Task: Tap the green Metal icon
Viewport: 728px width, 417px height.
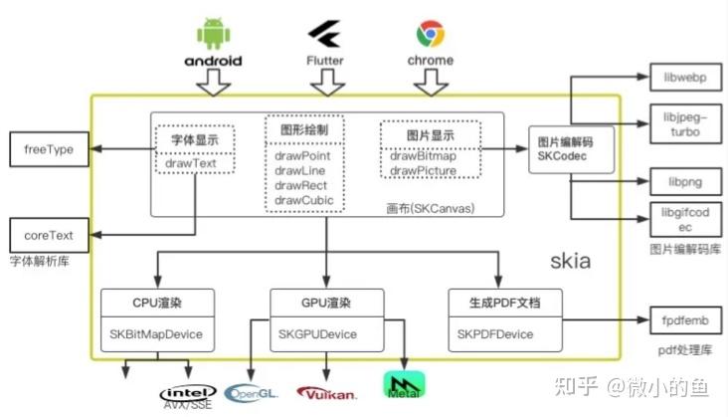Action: [x=403, y=385]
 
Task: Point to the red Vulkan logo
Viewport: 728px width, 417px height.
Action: [x=326, y=391]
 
